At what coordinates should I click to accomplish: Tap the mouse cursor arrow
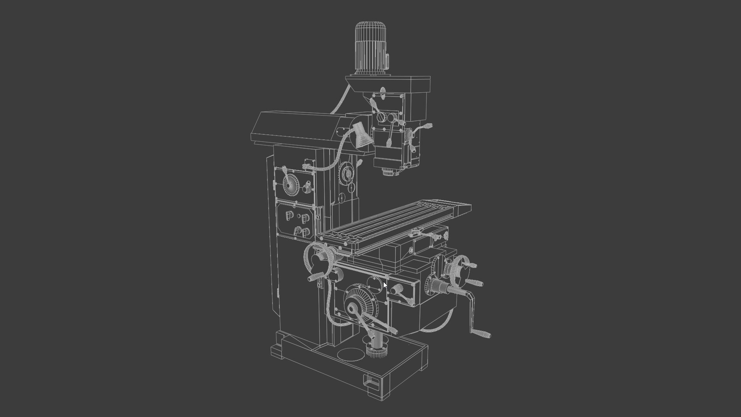(x=385, y=285)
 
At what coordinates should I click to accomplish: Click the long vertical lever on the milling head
(x=391, y=133)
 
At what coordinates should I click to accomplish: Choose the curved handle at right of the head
(x=423, y=129)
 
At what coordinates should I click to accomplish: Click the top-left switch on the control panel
(x=289, y=215)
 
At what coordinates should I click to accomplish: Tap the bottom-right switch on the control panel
(x=306, y=232)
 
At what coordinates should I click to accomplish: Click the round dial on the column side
(x=347, y=172)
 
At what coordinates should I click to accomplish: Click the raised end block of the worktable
(x=463, y=210)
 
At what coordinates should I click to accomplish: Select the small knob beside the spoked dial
(x=308, y=188)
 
